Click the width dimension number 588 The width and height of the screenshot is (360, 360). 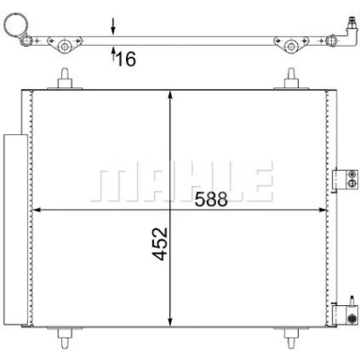click(211, 199)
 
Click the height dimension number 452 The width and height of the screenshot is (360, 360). click(159, 244)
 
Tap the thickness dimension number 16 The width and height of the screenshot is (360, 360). click(126, 58)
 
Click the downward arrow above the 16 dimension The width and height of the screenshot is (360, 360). click(113, 26)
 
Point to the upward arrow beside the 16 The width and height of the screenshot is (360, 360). click(113, 54)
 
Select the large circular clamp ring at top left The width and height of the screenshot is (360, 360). click(17, 24)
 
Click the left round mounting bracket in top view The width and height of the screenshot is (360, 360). click(65, 44)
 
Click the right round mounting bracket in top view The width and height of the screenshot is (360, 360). click(291, 44)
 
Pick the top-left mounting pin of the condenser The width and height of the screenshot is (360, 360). click(65, 78)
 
